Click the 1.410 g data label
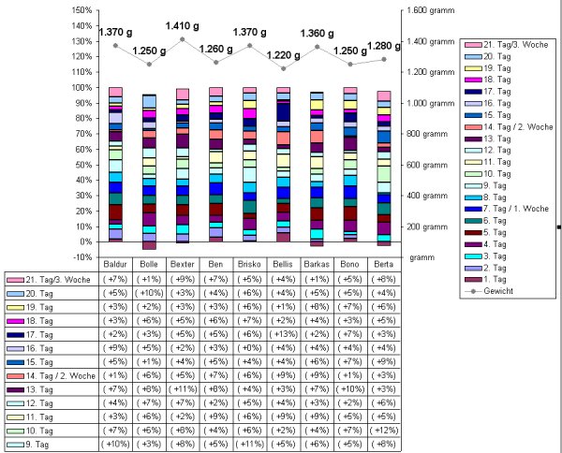coord(183,27)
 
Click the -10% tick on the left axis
coord(81,256)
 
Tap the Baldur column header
coord(116,265)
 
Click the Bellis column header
coord(283,265)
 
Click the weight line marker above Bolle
coord(149,64)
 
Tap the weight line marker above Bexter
coord(183,39)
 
